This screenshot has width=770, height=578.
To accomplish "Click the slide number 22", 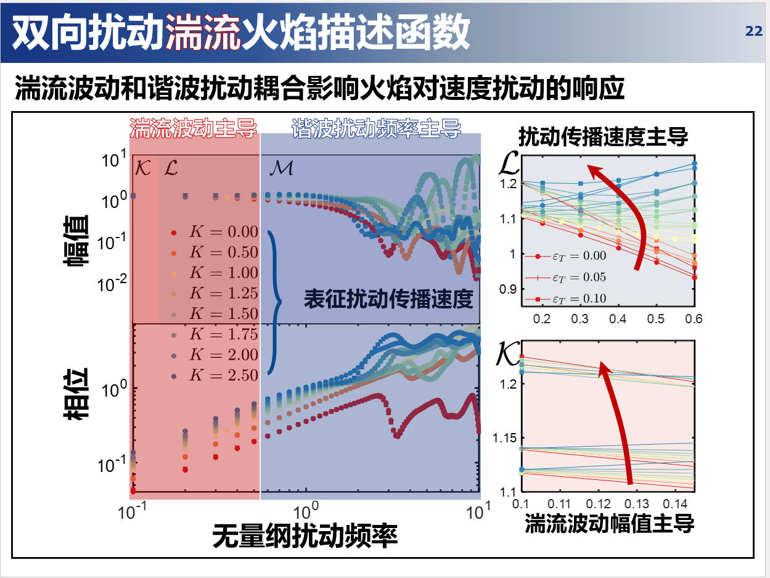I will pyautogui.click(x=754, y=31).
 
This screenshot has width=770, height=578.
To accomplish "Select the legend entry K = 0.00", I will pyautogui.click(x=216, y=233).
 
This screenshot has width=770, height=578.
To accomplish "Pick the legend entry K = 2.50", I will pyautogui.click(x=216, y=375).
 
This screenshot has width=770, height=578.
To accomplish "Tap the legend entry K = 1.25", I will pyautogui.click(x=216, y=293).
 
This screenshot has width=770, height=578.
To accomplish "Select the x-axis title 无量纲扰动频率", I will pyautogui.click(x=305, y=535).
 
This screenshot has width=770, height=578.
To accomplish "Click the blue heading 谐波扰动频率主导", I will pyautogui.click(x=376, y=128).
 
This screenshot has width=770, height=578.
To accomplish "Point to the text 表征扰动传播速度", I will pyautogui.click(x=388, y=299).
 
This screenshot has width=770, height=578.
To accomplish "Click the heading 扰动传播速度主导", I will pyautogui.click(x=602, y=136).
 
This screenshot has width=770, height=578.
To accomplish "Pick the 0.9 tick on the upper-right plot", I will pyautogui.click(x=507, y=289).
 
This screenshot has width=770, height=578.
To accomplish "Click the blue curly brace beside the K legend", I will pyautogui.click(x=274, y=302).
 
